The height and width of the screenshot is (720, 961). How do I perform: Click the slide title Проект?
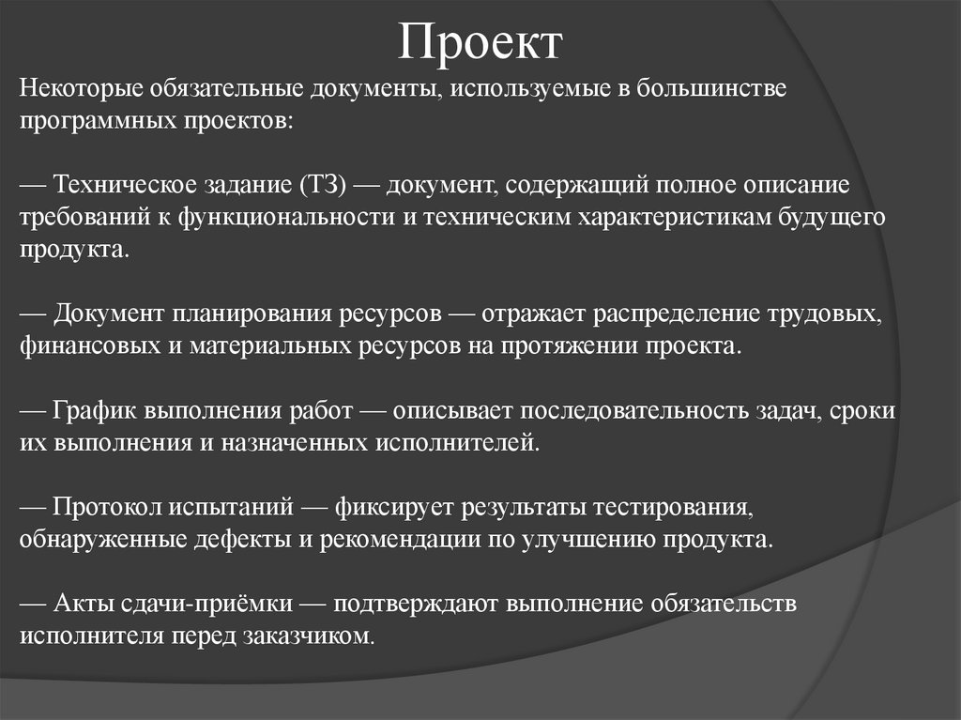click(x=480, y=41)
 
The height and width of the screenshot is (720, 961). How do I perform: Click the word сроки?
click(x=862, y=411)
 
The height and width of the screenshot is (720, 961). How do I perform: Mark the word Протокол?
click(x=108, y=508)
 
